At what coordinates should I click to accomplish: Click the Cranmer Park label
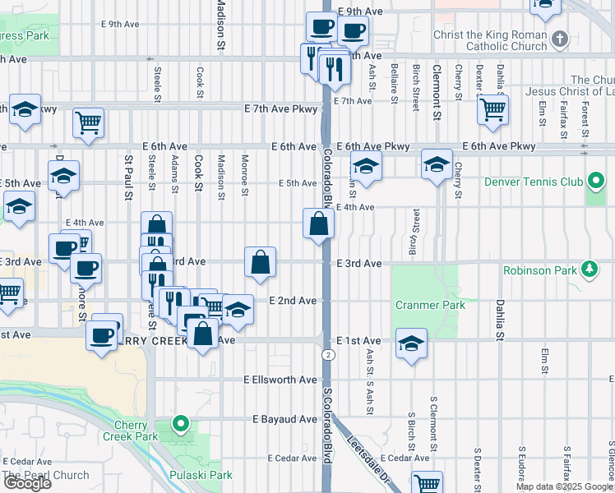point(430,305)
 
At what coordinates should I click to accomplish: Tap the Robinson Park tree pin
point(589,269)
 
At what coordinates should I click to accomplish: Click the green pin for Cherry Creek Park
point(181,424)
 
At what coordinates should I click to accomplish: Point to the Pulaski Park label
point(201,475)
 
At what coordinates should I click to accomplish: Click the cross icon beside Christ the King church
point(559,39)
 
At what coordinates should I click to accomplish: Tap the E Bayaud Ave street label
point(285,419)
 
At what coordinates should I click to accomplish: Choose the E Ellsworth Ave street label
point(280,380)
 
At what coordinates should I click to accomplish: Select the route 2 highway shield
point(328,354)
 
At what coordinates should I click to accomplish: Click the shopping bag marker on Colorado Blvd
point(318,223)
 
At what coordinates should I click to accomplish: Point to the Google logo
point(27,482)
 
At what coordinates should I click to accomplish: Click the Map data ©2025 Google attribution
point(565,487)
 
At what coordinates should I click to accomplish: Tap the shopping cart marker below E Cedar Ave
point(427,483)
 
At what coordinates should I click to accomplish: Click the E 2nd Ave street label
point(293,302)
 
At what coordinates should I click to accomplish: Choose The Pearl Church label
point(46,475)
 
